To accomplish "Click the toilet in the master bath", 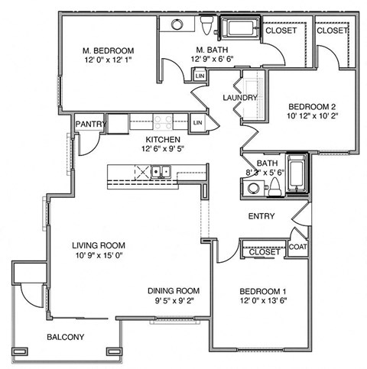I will [x=206, y=26].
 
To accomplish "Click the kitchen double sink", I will [x=161, y=171].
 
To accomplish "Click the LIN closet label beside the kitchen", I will [x=197, y=122].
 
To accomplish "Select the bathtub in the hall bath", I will [x=297, y=173].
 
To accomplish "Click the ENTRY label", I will [x=261, y=216].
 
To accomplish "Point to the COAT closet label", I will [x=298, y=247].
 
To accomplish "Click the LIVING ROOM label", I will [x=96, y=245].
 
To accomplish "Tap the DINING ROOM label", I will [x=174, y=291].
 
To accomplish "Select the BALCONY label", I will [x=65, y=337].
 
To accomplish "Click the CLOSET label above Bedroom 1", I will [x=265, y=251].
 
